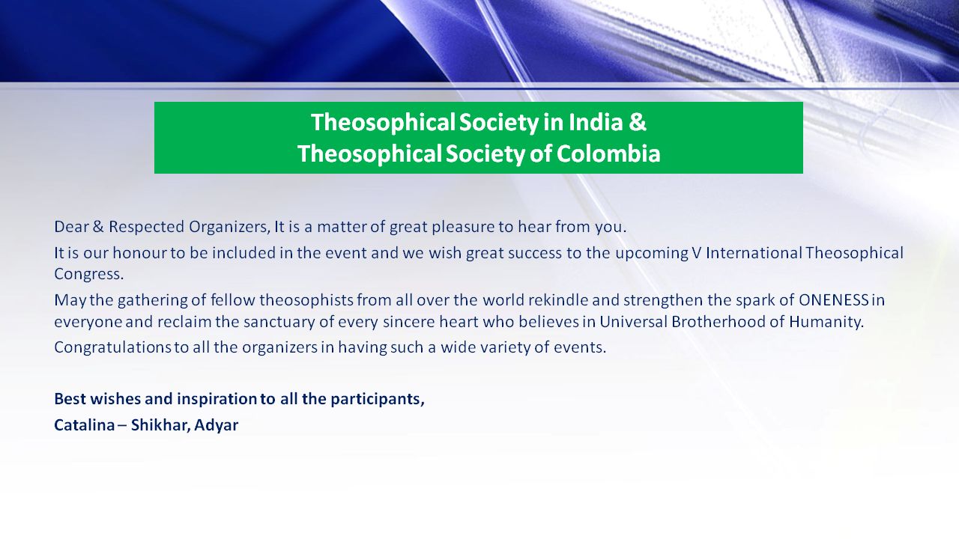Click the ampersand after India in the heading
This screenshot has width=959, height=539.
click(x=638, y=122)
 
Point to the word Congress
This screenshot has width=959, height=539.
click(x=88, y=274)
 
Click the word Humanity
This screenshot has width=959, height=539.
click(x=826, y=322)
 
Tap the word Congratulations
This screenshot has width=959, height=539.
click(x=112, y=347)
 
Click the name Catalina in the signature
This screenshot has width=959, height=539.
click(x=85, y=424)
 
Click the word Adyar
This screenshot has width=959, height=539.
click(x=217, y=425)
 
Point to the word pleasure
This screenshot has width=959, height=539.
click(x=462, y=227)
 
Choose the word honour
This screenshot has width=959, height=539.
click(x=139, y=253)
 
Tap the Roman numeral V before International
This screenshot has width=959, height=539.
click(x=697, y=253)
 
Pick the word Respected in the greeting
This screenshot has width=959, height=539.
click(x=146, y=227)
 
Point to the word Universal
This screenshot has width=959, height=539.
click(x=633, y=321)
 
